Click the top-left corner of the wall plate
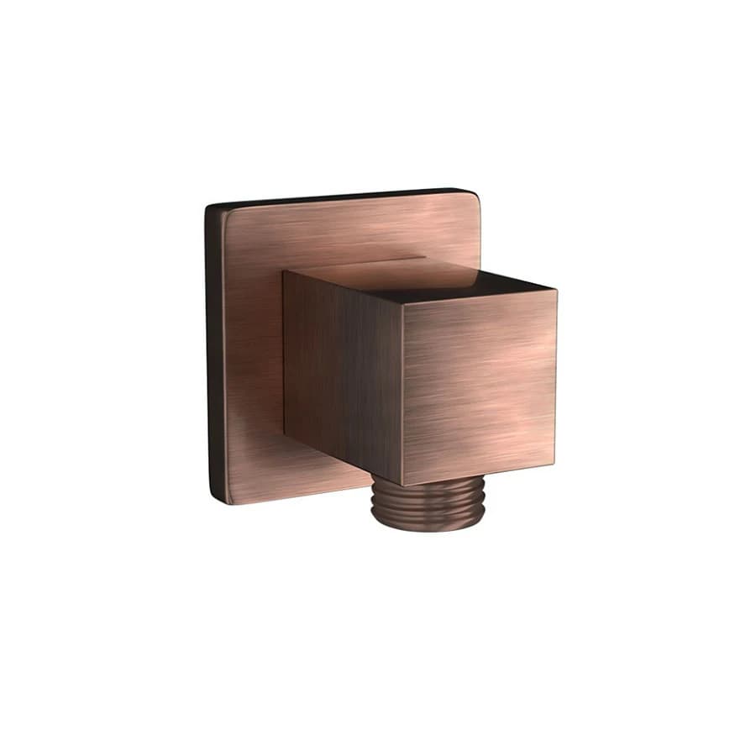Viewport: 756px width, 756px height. coord(210,205)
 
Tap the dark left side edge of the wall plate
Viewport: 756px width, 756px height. coord(214,353)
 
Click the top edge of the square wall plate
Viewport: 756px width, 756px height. coord(336,197)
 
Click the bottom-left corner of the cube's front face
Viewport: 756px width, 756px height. coord(403,485)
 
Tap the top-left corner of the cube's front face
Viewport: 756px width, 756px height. coord(402,304)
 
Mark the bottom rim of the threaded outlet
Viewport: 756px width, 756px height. coord(427,528)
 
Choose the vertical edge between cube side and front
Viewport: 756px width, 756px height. coord(402,395)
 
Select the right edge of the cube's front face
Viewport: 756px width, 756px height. coord(555,378)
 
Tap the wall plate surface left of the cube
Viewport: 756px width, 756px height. coord(252,353)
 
